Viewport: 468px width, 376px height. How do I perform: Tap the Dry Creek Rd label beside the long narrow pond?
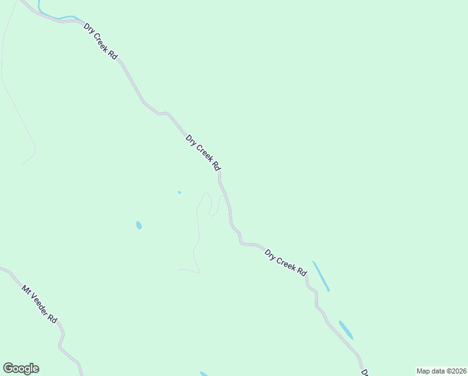pos(286,263)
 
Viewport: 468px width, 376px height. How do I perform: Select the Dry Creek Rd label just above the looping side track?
pos(204,152)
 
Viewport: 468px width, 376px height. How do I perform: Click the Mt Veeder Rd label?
pos(39,304)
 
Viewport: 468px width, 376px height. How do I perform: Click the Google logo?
pos(21,368)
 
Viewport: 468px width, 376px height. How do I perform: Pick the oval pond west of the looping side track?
pos(139,225)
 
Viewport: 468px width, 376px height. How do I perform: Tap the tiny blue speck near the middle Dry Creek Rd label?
pos(180,192)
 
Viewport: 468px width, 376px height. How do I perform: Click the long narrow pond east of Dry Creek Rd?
pos(321,276)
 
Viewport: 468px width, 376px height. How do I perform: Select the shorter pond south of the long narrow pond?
pos(346,330)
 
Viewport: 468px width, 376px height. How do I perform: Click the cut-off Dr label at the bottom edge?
pos(364,372)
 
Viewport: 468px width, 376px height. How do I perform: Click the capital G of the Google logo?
pos(8,368)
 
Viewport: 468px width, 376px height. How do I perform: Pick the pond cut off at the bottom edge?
pos(204,374)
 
